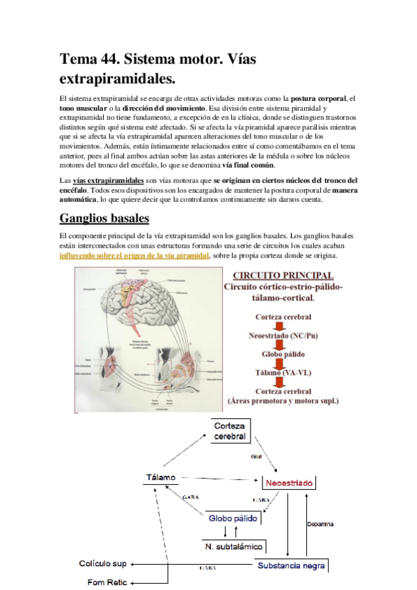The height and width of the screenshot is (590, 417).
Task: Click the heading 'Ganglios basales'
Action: point(104,219)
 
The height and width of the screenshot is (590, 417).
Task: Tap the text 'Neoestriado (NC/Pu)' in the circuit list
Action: point(283,335)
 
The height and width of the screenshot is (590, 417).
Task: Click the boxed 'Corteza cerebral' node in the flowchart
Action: point(230,430)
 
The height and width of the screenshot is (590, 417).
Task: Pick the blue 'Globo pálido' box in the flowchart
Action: point(233,518)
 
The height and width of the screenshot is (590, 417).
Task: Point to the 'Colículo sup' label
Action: point(104,564)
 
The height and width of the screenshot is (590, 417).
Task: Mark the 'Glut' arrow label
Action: point(255,457)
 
